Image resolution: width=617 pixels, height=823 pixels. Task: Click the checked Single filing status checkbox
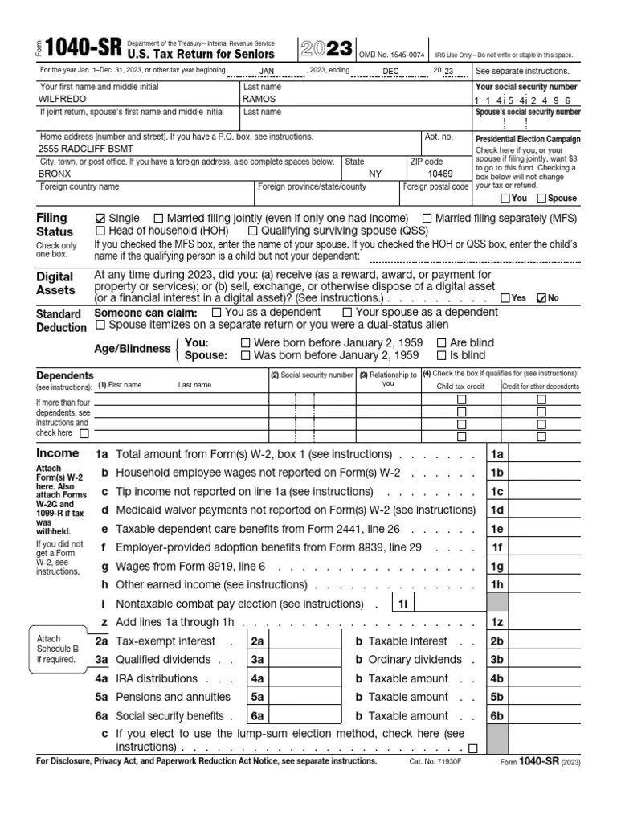click(100, 219)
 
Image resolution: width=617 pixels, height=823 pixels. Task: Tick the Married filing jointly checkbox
click(158, 219)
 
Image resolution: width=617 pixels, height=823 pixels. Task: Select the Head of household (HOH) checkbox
click(100, 231)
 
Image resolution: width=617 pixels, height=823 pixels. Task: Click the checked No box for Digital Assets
click(541, 298)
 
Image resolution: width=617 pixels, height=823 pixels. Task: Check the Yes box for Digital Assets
click(505, 298)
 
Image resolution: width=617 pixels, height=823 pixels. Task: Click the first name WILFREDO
click(63, 99)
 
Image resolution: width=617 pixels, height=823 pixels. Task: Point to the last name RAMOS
click(259, 99)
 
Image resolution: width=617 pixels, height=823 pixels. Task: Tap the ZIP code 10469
click(439, 174)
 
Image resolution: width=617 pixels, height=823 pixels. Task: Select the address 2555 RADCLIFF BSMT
click(87, 149)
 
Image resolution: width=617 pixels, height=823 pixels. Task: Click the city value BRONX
click(55, 174)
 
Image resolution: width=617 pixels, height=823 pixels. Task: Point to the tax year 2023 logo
click(325, 50)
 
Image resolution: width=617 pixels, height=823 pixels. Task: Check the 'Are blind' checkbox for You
click(441, 342)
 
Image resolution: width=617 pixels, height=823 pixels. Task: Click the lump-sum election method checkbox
click(472, 748)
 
